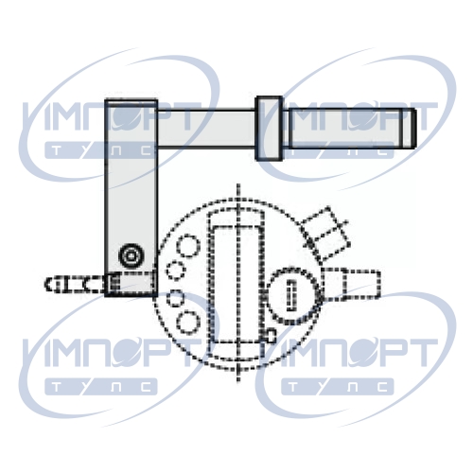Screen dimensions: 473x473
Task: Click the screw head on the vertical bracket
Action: pyautogui.click(x=131, y=255)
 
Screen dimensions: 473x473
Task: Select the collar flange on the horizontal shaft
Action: pyautogui.click(x=269, y=128)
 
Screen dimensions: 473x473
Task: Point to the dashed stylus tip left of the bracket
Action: pyautogui.click(x=75, y=284)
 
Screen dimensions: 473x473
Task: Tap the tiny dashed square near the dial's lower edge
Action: pyautogui.click(x=271, y=335)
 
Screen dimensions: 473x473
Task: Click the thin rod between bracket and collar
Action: pyautogui.click(x=206, y=129)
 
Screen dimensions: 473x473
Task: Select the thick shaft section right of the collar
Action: pyautogui.click(x=346, y=128)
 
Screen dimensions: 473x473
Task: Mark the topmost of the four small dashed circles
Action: pyautogui.click(x=188, y=246)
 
